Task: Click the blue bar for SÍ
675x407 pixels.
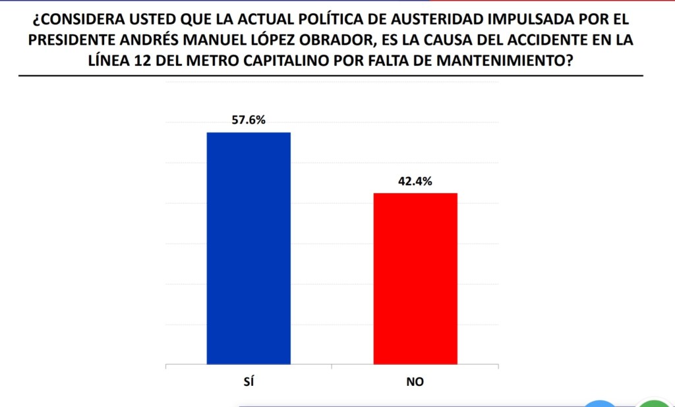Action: pyautogui.click(x=249, y=248)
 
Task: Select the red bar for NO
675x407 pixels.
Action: pyautogui.click(x=415, y=278)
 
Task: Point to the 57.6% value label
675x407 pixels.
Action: pyautogui.click(x=249, y=121)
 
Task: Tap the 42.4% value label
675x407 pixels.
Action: pyautogui.click(x=415, y=182)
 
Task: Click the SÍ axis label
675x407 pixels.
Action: pyautogui.click(x=249, y=383)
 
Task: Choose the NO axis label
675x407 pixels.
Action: pyautogui.click(x=415, y=383)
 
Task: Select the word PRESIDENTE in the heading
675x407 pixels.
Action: pyautogui.click(x=74, y=40)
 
